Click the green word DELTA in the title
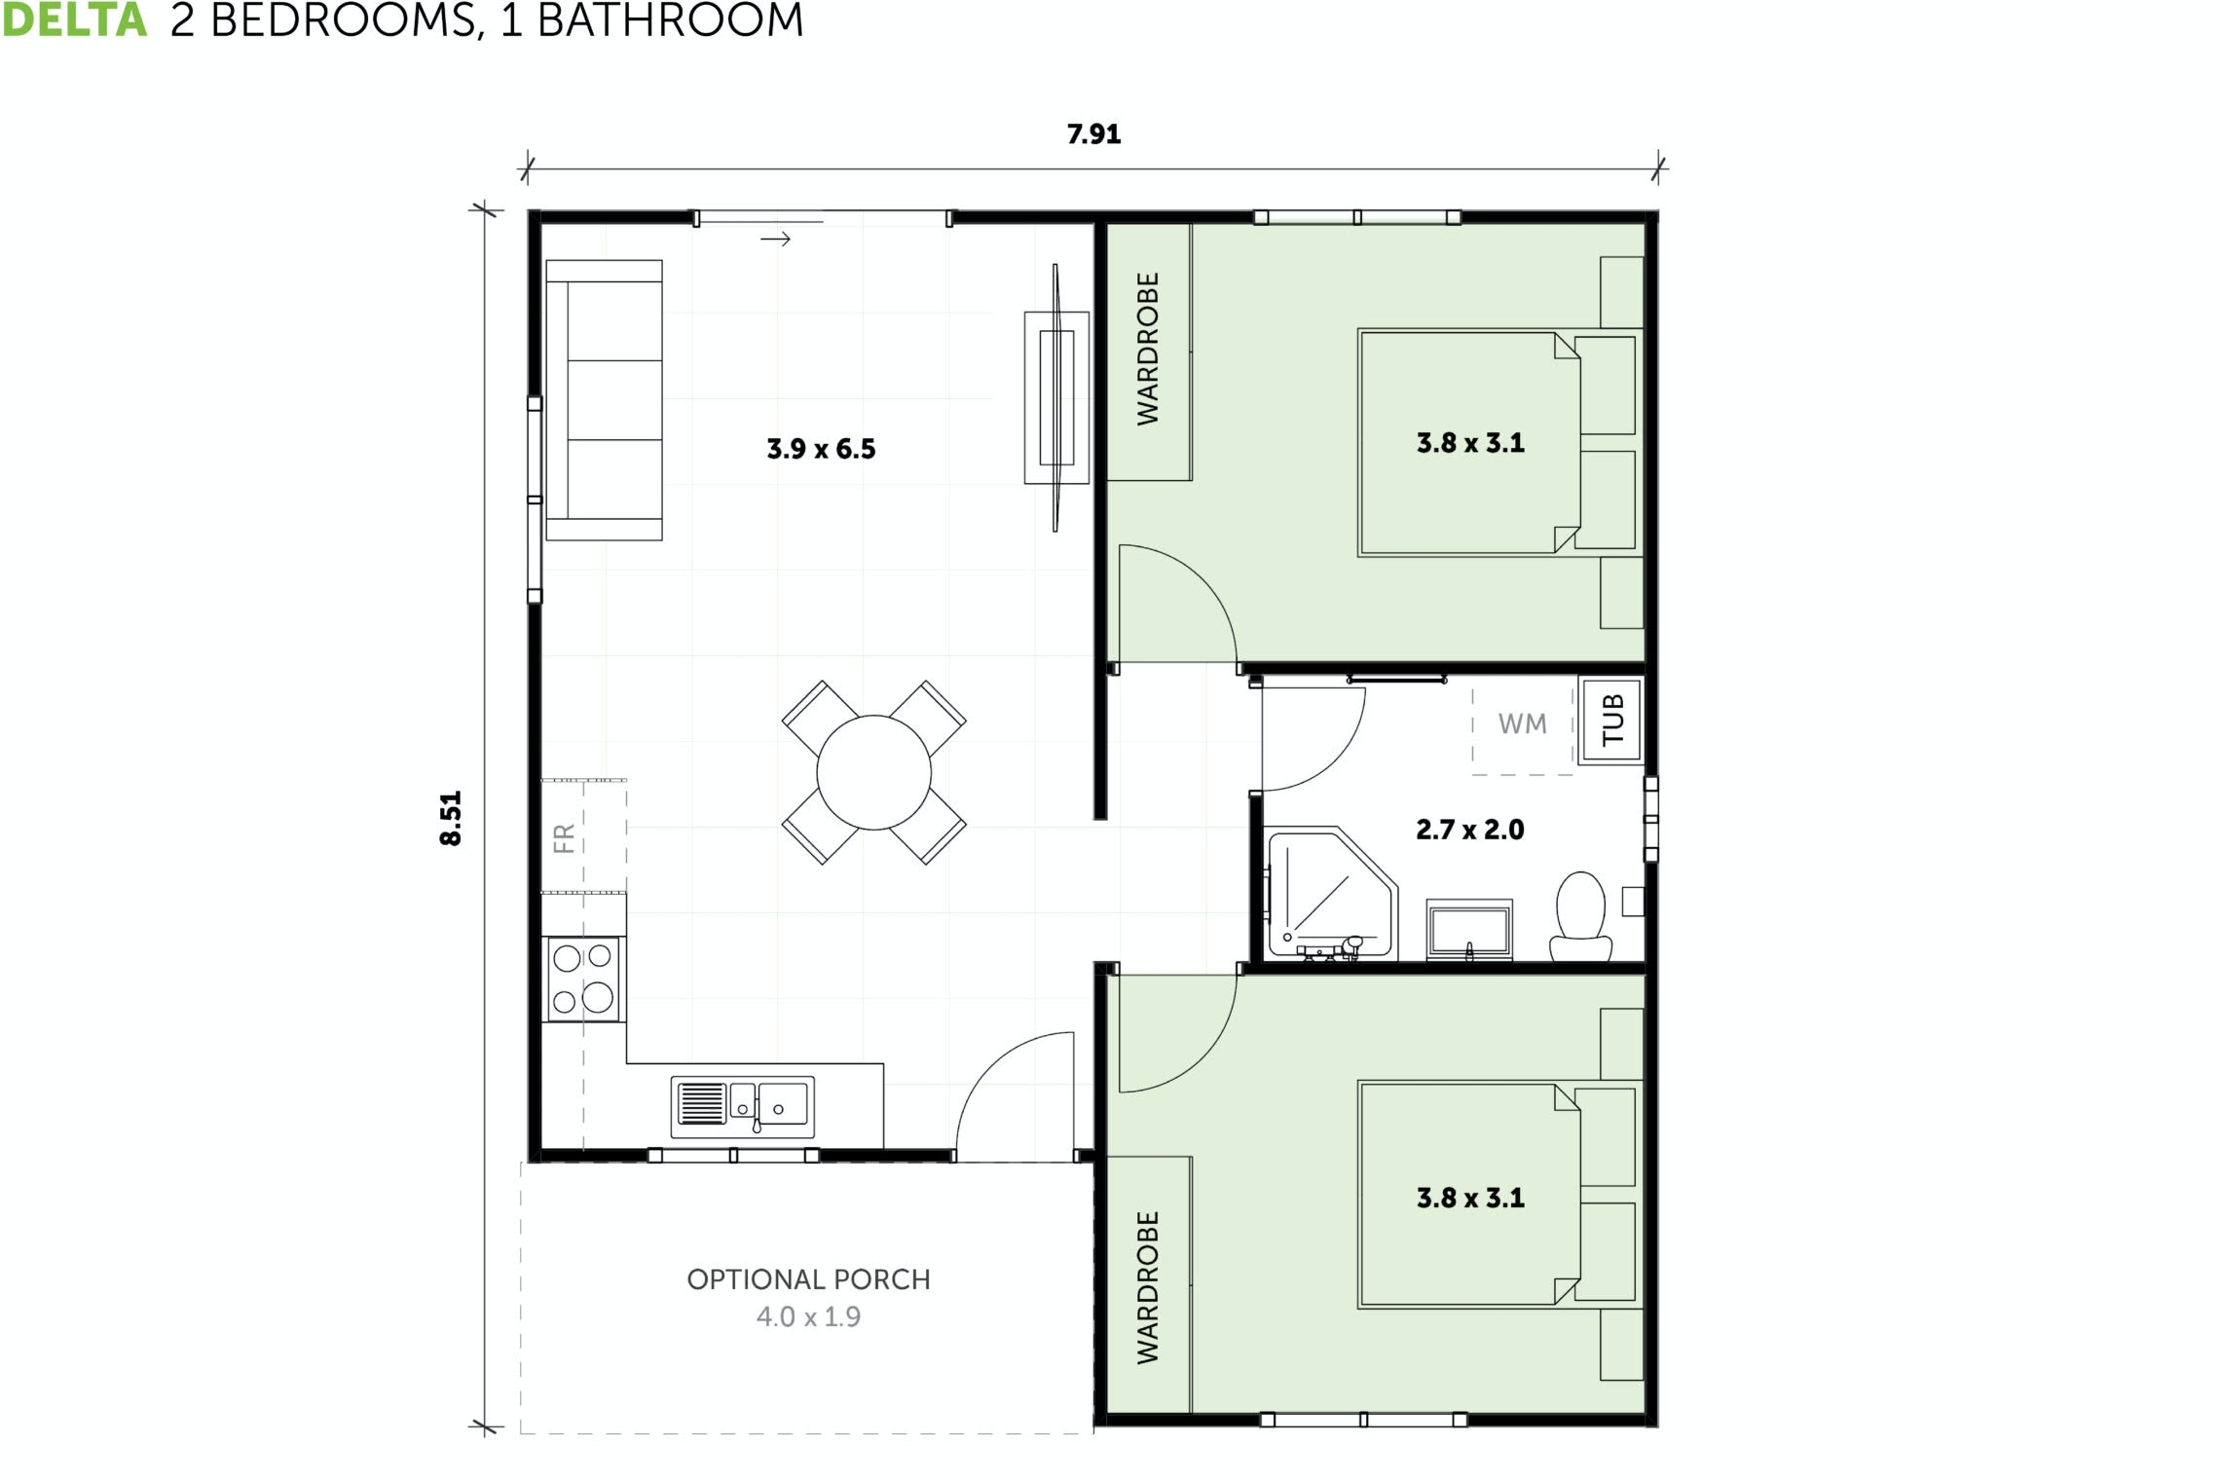click(x=74, y=20)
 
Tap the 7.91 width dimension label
click(x=1093, y=134)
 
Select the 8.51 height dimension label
click(x=451, y=818)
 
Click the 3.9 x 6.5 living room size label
click(x=821, y=449)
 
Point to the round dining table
click(x=873, y=772)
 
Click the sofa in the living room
click(x=604, y=399)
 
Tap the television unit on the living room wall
click(x=1055, y=397)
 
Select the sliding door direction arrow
click(x=775, y=240)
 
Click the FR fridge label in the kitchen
click(x=564, y=837)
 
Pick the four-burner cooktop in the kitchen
click(x=582, y=979)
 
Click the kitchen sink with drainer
click(x=743, y=1106)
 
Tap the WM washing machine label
click(x=1522, y=724)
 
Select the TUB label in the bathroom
click(x=1612, y=721)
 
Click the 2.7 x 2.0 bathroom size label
click(x=1469, y=830)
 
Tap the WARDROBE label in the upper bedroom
click(x=1148, y=349)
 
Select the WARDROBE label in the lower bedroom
click(x=1148, y=1287)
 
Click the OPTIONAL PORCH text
click(x=808, y=1279)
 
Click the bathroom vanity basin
click(x=1469, y=930)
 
